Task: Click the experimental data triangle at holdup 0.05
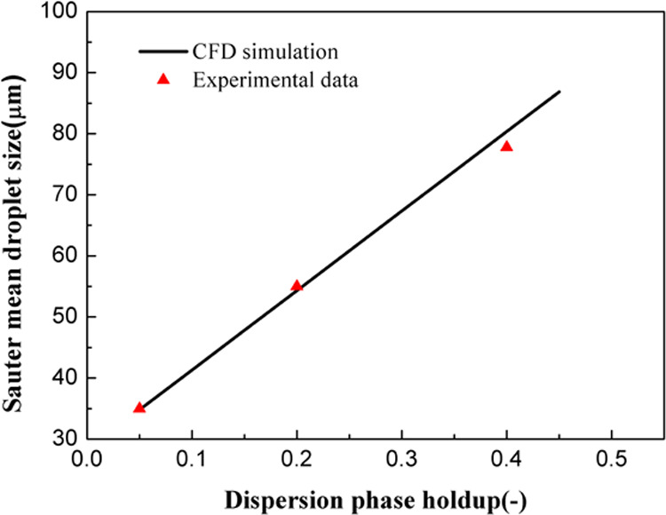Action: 139,408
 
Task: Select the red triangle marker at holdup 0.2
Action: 297,285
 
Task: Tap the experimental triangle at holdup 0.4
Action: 506,146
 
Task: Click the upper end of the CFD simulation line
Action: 559,92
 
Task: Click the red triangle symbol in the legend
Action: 163,79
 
